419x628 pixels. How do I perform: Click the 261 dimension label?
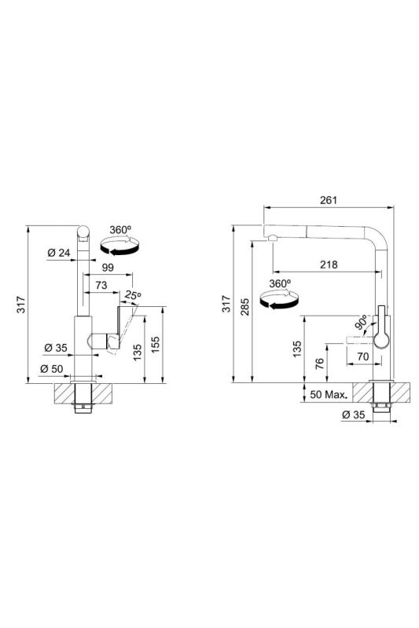(329, 200)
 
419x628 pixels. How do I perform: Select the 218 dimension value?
(329, 265)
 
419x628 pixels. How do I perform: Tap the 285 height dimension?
(245, 307)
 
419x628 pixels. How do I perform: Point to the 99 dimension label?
(108, 267)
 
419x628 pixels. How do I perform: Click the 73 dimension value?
(101, 285)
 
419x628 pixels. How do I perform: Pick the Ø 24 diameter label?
(58, 253)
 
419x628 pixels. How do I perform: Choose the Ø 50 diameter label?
(52, 368)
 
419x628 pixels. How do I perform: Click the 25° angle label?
(132, 296)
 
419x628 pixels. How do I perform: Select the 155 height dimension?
(156, 345)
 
